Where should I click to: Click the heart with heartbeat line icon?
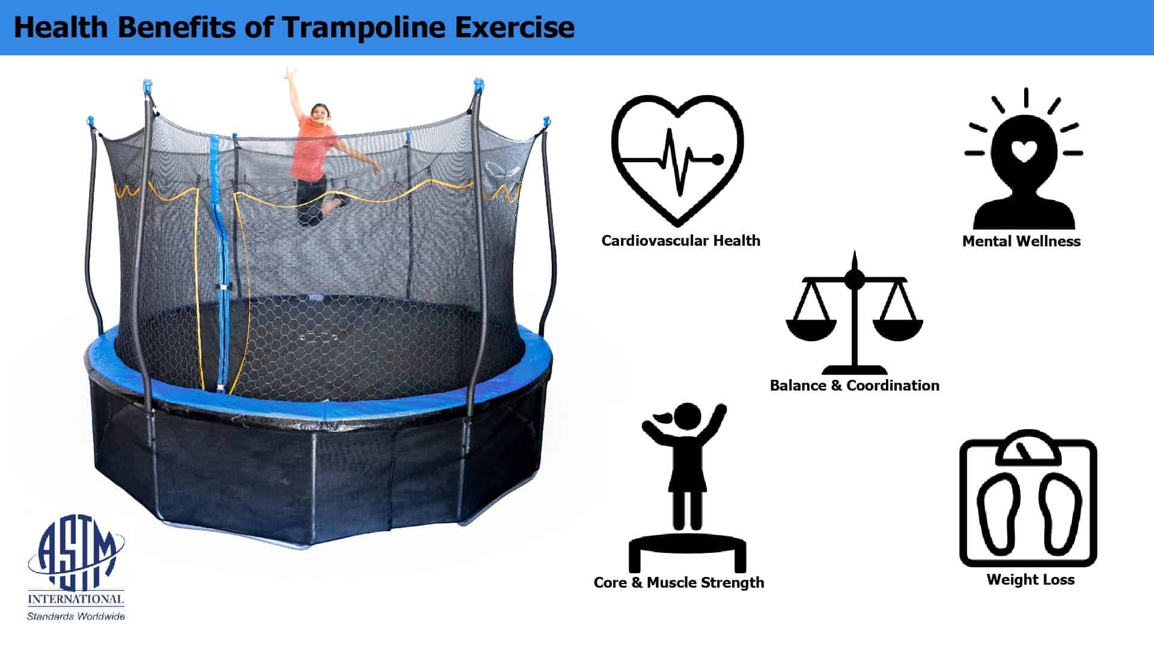(677, 159)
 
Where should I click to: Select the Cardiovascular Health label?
(681, 240)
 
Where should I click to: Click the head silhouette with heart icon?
(1023, 160)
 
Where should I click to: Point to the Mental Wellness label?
(1021, 241)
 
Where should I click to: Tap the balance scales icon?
(854, 312)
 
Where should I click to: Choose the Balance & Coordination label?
(855, 385)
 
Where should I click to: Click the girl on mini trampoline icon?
(687, 487)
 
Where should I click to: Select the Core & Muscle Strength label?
(679, 582)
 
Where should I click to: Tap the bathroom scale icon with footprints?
(1028, 498)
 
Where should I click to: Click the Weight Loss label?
(1030, 579)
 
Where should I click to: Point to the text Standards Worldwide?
(76, 616)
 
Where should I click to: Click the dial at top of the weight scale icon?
(1028, 449)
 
